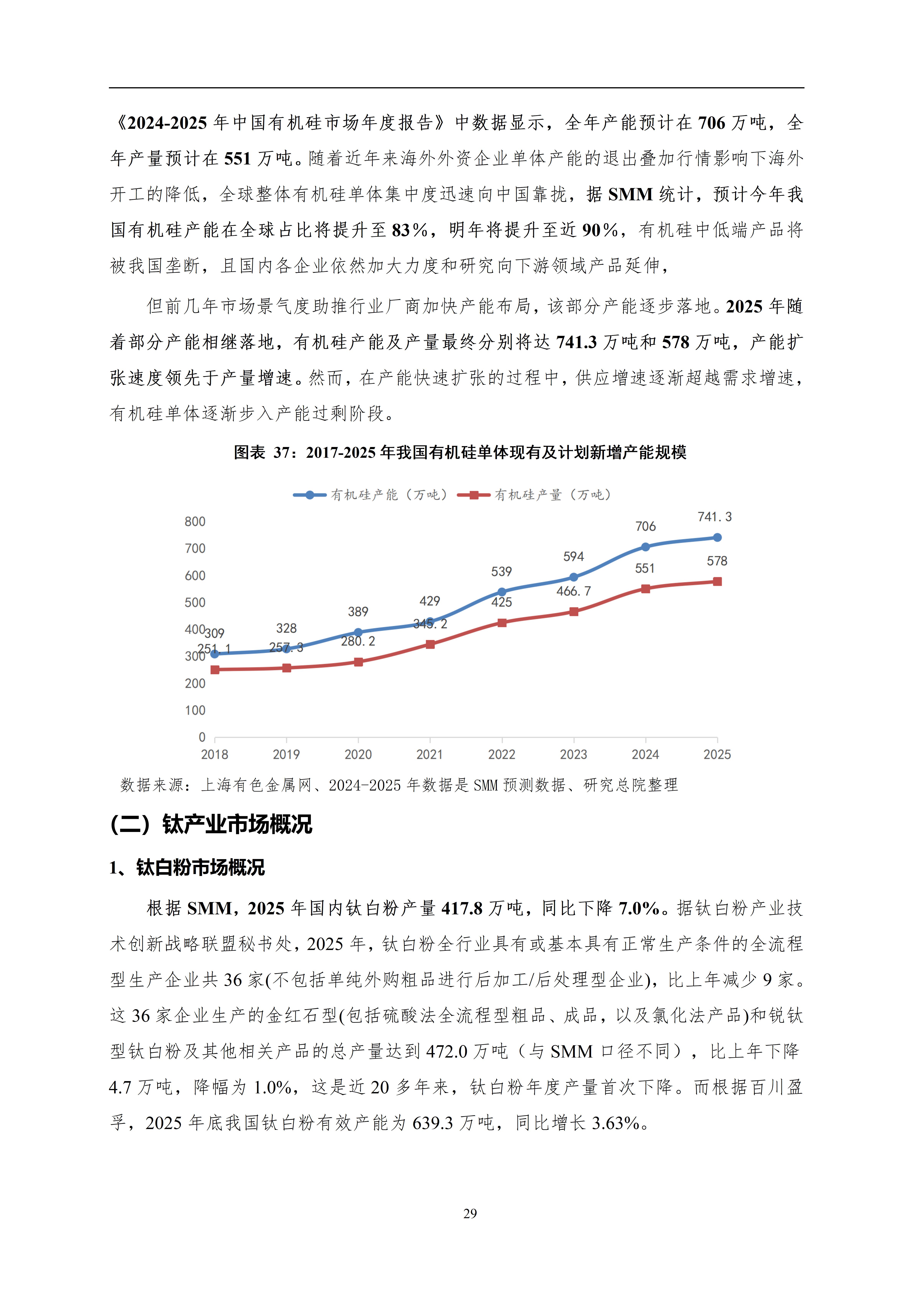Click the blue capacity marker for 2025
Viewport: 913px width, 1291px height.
(717, 537)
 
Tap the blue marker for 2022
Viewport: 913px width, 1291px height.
(502, 592)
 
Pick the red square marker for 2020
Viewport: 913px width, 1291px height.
(358, 662)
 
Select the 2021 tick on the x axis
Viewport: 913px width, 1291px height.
(430, 755)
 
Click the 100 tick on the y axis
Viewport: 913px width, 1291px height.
(195, 710)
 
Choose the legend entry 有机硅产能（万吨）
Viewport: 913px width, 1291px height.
(371, 495)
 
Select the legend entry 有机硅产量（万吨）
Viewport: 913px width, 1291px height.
(534, 495)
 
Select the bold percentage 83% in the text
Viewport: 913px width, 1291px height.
(410, 230)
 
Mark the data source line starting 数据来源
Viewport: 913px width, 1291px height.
(399, 785)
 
